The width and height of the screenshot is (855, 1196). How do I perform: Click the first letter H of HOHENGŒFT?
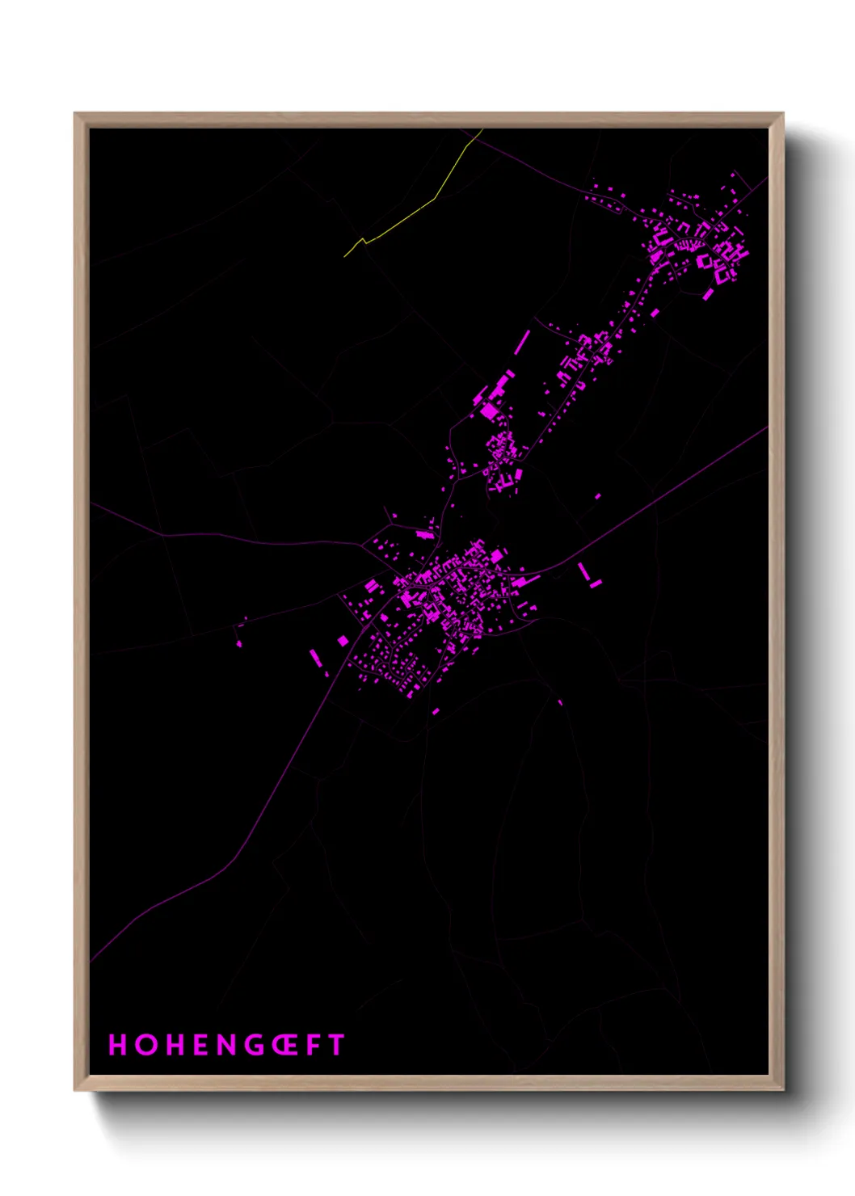pyautogui.click(x=118, y=1045)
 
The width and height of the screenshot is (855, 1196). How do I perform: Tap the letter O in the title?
pyautogui.click(x=146, y=1045)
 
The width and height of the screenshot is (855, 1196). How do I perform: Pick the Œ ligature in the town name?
pyautogui.click(x=286, y=1045)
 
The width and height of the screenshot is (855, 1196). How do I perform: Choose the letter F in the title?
pyautogui.click(x=314, y=1045)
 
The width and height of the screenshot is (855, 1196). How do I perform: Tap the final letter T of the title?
pyautogui.click(x=336, y=1045)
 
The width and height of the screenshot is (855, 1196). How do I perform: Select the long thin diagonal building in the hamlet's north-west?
pyautogui.click(x=522, y=342)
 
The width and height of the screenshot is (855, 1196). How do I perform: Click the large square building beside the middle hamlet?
pyautogui.click(x=490, y=411)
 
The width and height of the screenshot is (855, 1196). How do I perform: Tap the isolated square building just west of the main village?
pyautogui.click(x=343, y=641)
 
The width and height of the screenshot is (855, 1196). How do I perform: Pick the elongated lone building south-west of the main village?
pyautogui.click(x=315, y=656)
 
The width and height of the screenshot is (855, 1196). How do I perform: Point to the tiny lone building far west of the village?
pyautogui.click(x=238, y=643)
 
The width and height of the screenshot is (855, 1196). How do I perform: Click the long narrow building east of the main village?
pyautogui.click(x=583, y=571)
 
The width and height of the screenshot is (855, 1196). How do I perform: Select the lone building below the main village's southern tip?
pyautogui.click(x=436, y=711)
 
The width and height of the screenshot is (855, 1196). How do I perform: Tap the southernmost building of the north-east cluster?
pyautogui.click(x=708, y=295)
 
